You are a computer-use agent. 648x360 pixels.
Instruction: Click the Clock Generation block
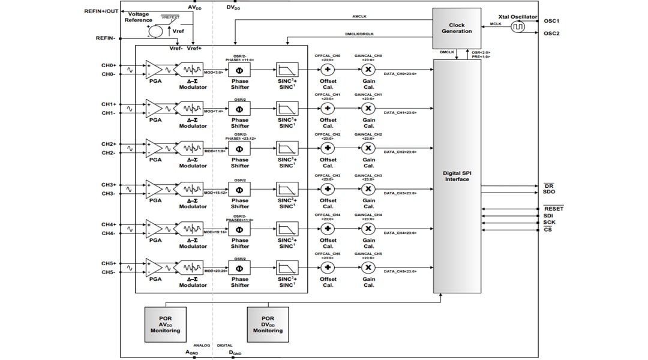tap(457, 29)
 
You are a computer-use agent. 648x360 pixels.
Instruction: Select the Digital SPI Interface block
tap(457, 176)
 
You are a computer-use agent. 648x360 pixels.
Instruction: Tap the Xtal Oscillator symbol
tap(518, 27)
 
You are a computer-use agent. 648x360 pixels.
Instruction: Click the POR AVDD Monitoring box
tap(166, 324)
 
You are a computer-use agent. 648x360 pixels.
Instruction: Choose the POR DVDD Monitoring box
tap(268, 324)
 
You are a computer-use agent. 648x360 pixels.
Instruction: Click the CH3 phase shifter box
tap(239, 188)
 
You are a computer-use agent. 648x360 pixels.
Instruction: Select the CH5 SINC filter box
tap(286, 267)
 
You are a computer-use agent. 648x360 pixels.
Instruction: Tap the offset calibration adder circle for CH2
tap(328, 148)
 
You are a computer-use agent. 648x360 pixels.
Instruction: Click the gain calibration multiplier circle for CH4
tap(368, 229)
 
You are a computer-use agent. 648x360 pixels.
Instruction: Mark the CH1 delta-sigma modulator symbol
tap(193, 109)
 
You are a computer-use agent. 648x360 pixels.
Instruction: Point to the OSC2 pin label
tap(551, 33)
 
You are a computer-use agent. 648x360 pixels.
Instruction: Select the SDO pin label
tap(548, 192)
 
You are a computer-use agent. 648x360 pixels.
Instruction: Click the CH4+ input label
tap(109, 224)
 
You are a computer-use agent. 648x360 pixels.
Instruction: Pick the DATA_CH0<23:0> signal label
tap(400, 73)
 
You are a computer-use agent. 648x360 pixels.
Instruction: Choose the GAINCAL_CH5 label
tap(368, 254)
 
